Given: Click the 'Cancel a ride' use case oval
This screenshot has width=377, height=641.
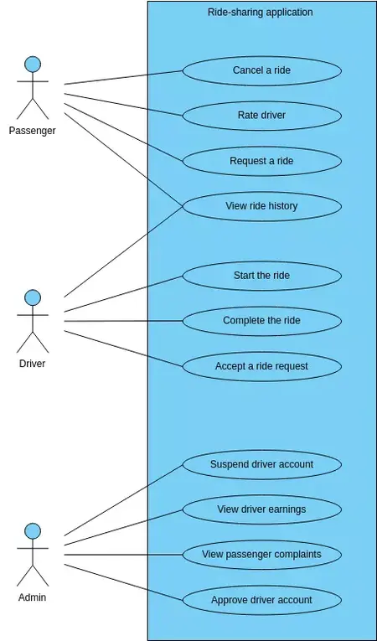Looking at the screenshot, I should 261,70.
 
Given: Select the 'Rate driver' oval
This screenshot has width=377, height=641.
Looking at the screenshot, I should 261,116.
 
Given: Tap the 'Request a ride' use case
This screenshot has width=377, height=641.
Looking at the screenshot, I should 261,161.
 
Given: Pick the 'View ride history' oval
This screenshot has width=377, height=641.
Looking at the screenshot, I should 261,206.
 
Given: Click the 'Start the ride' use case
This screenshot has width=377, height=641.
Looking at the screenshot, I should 261,276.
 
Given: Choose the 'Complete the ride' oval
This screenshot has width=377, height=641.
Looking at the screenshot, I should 261,321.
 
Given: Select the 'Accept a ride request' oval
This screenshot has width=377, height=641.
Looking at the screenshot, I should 261,366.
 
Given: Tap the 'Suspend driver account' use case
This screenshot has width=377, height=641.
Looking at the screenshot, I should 261,464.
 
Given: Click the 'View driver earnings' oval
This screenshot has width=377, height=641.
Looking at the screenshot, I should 261,509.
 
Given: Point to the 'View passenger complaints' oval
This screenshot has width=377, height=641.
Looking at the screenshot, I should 261,555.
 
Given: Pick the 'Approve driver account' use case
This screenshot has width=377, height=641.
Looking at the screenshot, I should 261,600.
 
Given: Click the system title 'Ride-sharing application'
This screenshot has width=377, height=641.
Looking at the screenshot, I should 260,13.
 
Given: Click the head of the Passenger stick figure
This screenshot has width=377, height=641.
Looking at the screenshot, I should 33,65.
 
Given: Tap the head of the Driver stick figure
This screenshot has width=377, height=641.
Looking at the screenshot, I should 33,297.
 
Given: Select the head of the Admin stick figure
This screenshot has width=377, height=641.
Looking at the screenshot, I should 33,531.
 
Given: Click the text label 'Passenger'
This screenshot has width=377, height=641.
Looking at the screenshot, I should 32,131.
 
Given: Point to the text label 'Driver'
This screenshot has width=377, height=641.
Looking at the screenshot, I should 32,364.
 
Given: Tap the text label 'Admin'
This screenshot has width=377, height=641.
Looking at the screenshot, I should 32,598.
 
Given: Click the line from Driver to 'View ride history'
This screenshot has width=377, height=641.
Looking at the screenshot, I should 123,251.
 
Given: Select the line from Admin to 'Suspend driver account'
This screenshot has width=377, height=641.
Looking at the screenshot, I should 123,500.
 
